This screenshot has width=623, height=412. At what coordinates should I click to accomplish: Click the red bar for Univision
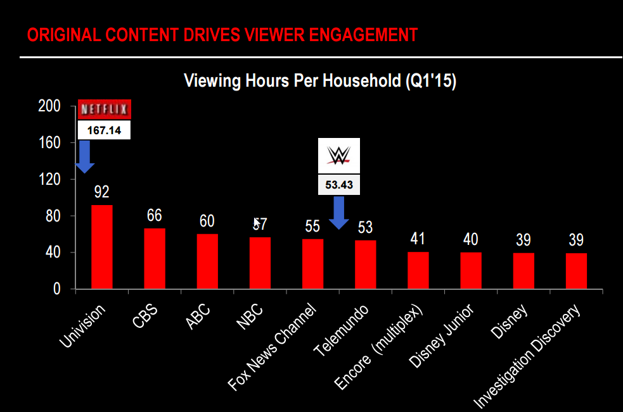tap(102, 247)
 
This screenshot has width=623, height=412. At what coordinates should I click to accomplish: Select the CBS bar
tap(155, 258)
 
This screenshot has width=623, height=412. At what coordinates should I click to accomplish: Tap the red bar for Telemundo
tap(365, 265)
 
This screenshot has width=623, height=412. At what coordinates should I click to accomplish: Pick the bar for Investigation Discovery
tap(576, 271)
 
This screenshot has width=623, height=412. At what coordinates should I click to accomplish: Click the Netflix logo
tap(104, 109)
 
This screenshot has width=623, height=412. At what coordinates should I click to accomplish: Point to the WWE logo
tap(338, 156)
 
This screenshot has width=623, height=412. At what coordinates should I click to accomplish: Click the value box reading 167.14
tap(104, 130)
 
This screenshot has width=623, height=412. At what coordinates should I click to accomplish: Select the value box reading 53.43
tap(338, 185)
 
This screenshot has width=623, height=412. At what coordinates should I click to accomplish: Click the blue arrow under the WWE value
tap(339, 213)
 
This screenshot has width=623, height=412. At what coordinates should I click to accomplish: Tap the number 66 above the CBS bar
tap(155, 215)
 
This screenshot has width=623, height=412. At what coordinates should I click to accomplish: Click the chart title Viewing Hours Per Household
tap(320, 82)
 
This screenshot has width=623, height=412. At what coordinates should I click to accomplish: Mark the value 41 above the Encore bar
tap(418, 239)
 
